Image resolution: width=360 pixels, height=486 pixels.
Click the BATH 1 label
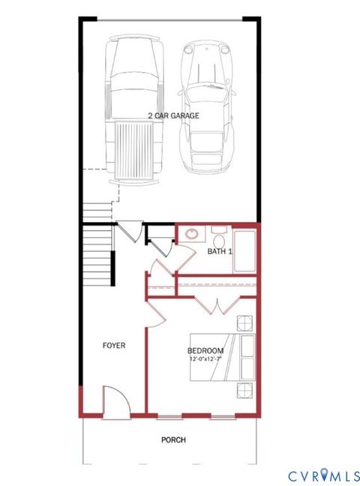(x=220, y=251)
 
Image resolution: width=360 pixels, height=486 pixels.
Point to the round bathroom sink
(x=191, y=234)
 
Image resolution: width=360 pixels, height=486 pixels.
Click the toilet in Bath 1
(x=219, y=232)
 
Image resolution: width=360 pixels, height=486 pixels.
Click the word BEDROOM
(x=205, y=351)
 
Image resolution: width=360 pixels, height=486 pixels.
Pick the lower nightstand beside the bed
(x=244, y=390)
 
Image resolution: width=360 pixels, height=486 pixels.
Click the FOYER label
(x=114, y=346)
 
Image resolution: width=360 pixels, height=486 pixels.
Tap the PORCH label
(x=172, y=440)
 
